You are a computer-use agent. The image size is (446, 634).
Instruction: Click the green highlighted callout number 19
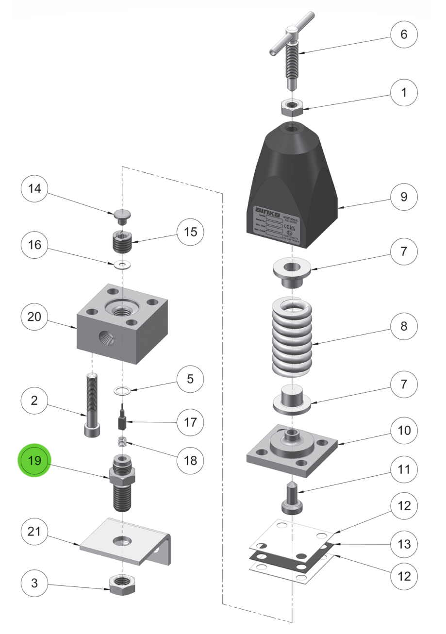click(x=35, y=460)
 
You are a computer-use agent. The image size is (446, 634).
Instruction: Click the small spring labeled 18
click(x=123, y=443)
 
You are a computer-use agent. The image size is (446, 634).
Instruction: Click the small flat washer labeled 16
click(x=123, y=265)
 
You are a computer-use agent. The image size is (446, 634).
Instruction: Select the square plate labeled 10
click(x=291, y=449)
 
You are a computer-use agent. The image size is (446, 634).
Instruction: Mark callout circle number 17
click(x=190, y=421)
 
